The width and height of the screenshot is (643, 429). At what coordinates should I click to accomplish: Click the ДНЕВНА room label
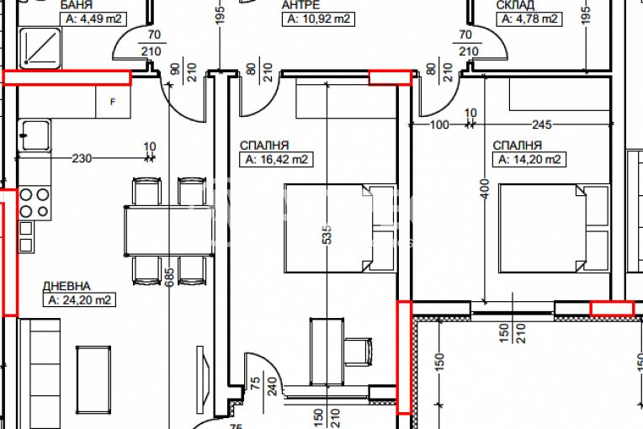click(x=66, y=286)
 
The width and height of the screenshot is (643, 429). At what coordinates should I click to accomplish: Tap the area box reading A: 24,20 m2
click(x=79, y=300)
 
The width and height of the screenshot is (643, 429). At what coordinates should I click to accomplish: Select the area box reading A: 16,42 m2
click(x=276, y=159)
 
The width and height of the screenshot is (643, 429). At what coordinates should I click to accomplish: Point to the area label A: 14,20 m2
click(x=529, y=159)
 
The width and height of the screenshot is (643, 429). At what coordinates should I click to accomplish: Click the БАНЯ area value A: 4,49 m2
click(x=93, y=19)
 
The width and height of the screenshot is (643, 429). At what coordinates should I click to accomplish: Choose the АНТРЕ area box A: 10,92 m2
click(x=318, y=19)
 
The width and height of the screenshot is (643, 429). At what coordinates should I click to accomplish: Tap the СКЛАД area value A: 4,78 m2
click(x=529, y=19)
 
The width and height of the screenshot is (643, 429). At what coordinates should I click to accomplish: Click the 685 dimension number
click(x=169, y=277)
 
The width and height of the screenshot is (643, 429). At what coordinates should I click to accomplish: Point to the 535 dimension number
click(x=327, y=235)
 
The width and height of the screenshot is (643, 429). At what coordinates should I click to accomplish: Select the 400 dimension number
click(x=485, y=189)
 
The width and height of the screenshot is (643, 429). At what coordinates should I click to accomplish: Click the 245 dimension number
click(x=541, y=124)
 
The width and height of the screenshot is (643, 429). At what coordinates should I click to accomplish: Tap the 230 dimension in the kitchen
click(x=82, y=158)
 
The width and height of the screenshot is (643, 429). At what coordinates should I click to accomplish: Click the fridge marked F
click(x=113, y=102)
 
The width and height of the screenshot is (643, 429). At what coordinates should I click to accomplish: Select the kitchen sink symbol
click(x=35, y=135)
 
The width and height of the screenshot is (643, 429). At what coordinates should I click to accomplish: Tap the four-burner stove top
click(x=35, y=203)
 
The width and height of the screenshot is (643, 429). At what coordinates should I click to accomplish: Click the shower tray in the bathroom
click(x=40, y=48)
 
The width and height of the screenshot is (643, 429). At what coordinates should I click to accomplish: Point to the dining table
click(x=168, y=230)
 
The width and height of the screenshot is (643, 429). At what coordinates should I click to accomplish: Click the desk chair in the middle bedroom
click(x=358, y=352)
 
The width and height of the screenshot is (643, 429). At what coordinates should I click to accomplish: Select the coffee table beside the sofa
click(x=93, y=379)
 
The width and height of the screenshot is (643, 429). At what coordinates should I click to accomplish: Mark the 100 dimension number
click(x=439, y=124)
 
